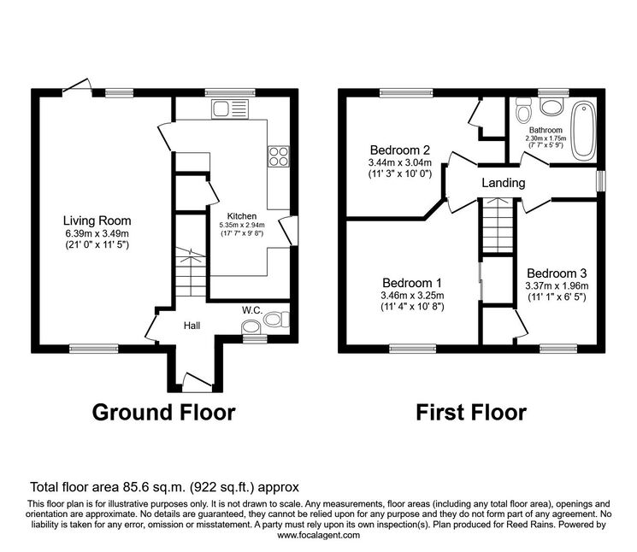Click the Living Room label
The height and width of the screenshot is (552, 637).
[97, 220]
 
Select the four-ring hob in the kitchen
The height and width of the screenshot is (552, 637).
[279, 156]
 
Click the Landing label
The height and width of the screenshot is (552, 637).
[504, 183]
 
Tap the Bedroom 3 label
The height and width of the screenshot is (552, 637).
[557, 273]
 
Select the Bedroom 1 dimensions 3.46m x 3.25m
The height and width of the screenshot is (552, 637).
[412, 296]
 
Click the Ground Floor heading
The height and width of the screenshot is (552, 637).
[163, 413]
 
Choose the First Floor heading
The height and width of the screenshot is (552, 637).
[471, 413]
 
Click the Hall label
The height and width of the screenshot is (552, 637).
[192, 326]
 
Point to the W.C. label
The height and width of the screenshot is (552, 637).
[252, 310]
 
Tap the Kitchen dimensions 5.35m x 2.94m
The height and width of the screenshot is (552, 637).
[242, 225]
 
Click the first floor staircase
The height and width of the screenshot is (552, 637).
[498, 226]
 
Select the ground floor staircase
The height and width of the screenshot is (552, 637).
[191, 272]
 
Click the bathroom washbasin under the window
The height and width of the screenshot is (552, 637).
[551, 107]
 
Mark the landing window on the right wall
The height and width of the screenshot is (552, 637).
[601, 180]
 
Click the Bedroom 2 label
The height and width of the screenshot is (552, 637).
[400, 150]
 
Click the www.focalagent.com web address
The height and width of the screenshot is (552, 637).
[318, 535]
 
